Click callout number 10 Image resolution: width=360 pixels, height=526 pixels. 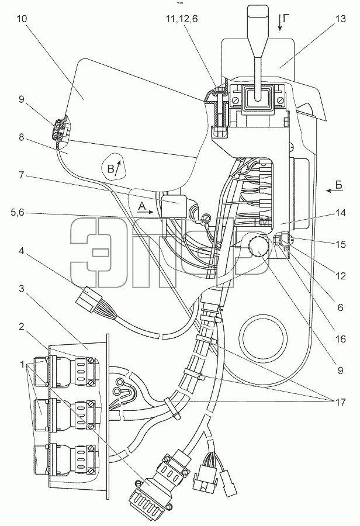click(x=22, y=19)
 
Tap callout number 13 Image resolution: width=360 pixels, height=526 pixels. click(x=340, y=19)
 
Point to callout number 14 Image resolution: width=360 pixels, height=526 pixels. click(x=340, y=213)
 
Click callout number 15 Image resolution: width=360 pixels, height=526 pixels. click(x=340, y=244)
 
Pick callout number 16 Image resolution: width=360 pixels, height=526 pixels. click(x=340, y=339)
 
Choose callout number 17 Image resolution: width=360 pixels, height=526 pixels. click(x=340, y=402)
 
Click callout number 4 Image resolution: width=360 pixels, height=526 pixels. click(x=22, y=251)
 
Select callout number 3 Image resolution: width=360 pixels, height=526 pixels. click(x=22, y=289)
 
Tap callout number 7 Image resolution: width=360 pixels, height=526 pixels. click(x=22, y=175)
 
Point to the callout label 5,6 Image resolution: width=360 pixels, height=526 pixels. click(x=17, y=213)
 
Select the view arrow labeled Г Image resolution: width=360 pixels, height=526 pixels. click(x=282, y=22)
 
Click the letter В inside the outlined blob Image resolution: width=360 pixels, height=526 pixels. click(x=110, y=169)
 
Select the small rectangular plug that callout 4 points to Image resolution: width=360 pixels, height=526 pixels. click(x=89, y=298)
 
